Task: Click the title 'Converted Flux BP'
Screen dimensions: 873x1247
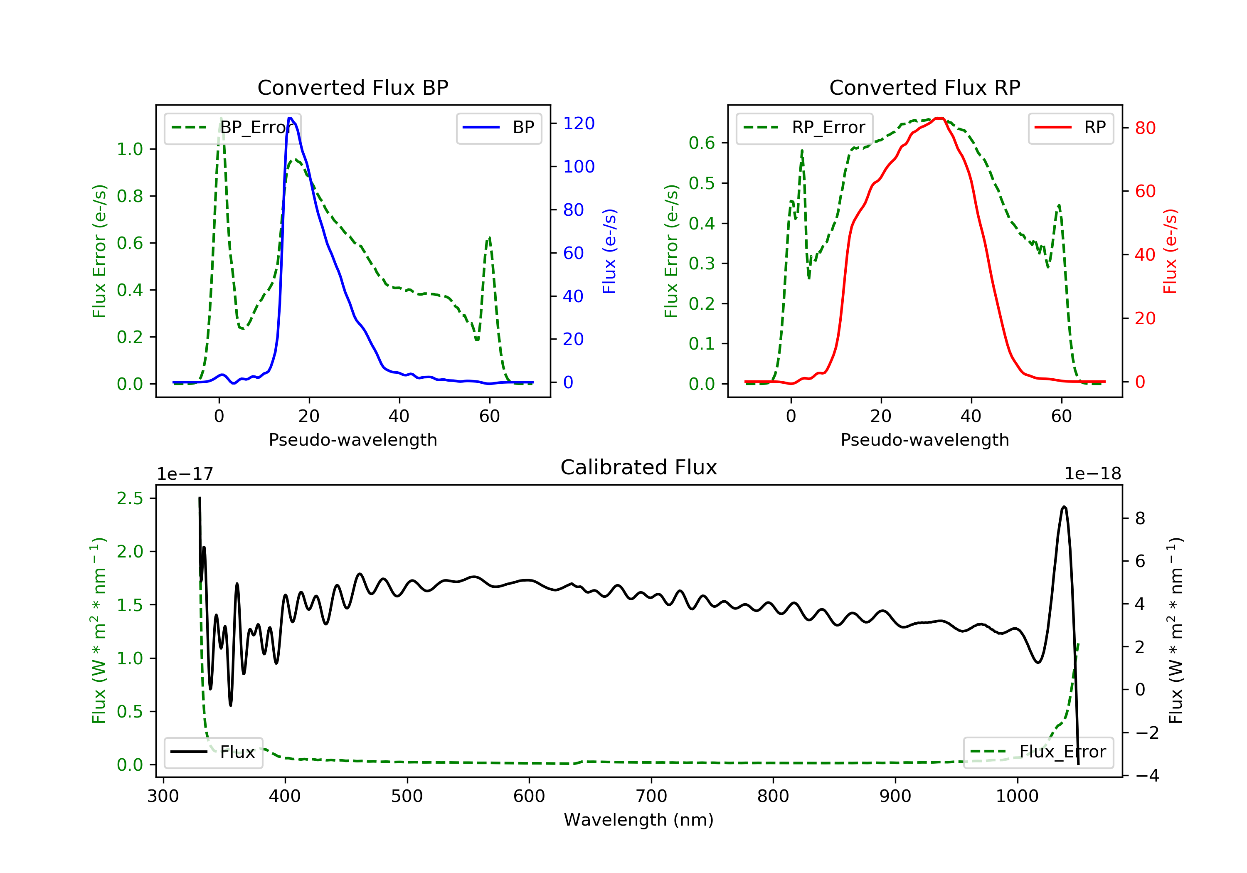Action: (x=352, y=87)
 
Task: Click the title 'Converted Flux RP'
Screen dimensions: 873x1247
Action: (x=924, y=87)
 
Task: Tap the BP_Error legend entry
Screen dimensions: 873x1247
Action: (x=232, y=128)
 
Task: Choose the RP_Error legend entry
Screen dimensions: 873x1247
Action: (x=804, y=128)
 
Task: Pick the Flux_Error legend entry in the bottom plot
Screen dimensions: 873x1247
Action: (x=1038, y=752)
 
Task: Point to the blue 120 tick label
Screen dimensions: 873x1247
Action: (x=579, y=123)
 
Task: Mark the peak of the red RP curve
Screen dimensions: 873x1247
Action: (x=939, y=118)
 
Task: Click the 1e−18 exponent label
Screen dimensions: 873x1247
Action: (x=1092, y=474)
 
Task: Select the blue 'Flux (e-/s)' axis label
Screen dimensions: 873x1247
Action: (x=609, y=251)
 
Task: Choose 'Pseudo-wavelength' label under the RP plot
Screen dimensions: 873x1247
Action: (x=924, y=439)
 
